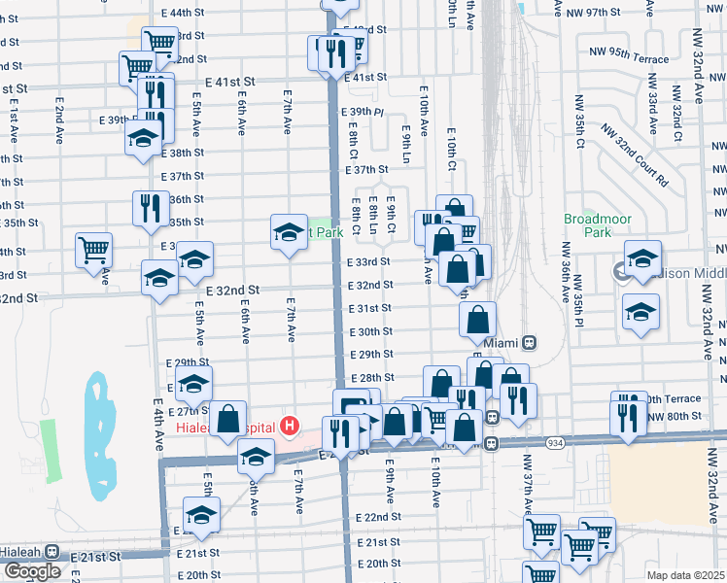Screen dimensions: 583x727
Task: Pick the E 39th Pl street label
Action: pos(364,113)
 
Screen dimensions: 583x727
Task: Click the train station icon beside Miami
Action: pos(530,343)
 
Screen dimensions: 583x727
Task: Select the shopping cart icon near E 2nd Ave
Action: pos(94,251)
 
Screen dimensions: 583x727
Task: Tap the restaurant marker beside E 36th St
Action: pos(151,209)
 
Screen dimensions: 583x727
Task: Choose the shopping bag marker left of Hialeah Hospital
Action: pos(228,420)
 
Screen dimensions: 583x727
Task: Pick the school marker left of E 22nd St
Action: pos(201,514)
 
